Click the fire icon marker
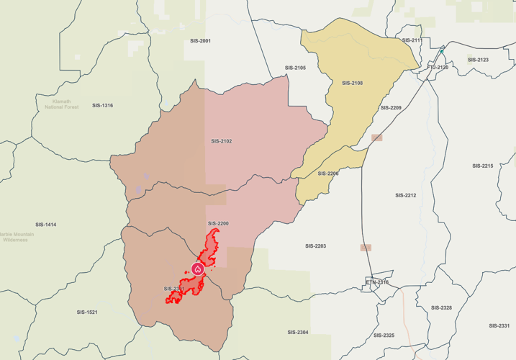click(197, 269)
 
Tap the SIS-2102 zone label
click(222, 141)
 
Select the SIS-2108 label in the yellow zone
click(352, 84)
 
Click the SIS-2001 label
click(201, 41)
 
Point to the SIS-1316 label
click(102, 106)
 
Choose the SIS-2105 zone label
click(295, 68)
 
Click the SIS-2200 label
click(218, 224)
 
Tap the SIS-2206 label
click(328, 174)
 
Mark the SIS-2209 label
click(391, 108)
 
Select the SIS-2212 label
click(406, 195)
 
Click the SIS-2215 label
click(483, 166)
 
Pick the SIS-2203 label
click(315, 246)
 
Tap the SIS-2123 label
click(478, 60)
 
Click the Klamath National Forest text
click(61, 104)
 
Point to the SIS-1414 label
click(45, 225)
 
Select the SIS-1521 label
click(87, 312)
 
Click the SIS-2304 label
click(297, 332)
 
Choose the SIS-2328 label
click(441, 307)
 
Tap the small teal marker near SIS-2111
click(442, 51)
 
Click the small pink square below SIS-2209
click(377, 137)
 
